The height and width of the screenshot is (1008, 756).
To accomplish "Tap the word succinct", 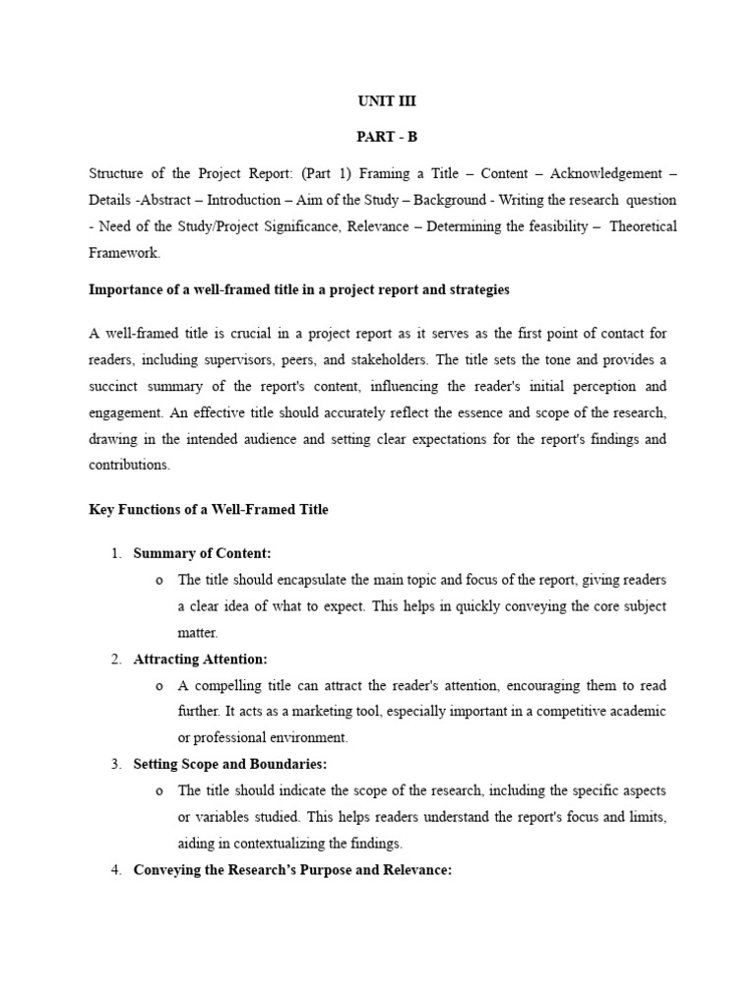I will pyautogui.click(x=116, y=387).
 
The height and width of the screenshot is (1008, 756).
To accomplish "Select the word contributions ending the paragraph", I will pyautogui.click(x=129, y=464).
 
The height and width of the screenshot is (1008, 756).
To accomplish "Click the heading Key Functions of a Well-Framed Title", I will pyautogui.click(x=209, y=509).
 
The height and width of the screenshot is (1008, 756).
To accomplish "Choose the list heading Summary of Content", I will pyautogui.click(x=202, y=554).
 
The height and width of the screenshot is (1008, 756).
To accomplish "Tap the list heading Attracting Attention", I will pyautogui.click(x=200, y=659).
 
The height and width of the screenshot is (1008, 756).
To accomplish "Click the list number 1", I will pyautogui.click(x=115, y=554).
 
